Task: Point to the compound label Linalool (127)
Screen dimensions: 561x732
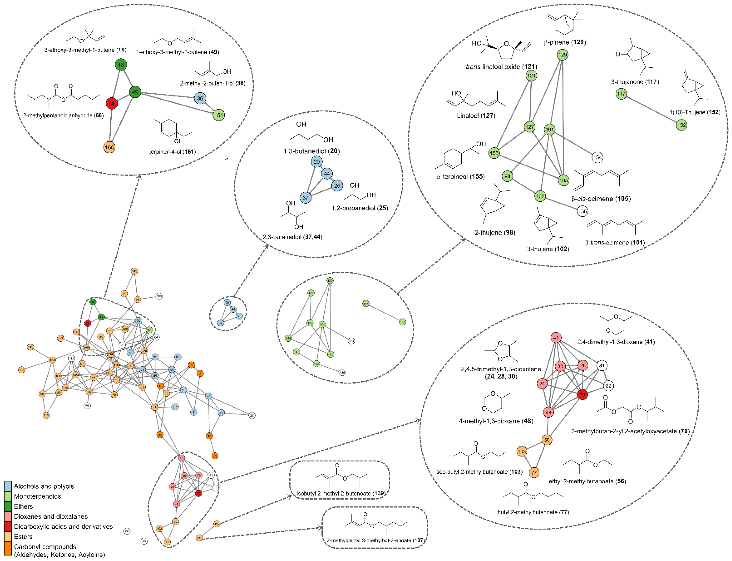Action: (x=476, y=115)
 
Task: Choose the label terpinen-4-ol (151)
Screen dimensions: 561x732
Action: (x=172, y=152)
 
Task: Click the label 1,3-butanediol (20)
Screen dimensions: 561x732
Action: (x=311, y=151)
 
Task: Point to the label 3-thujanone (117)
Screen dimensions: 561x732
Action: (x=635, y=82)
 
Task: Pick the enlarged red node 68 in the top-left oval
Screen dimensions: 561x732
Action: (x=112, y=103)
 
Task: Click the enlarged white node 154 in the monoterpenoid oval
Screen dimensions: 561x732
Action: (x=597, y=157)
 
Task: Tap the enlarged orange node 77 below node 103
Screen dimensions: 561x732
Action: (x=534, y=472)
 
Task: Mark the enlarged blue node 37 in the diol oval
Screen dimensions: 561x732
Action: (x=305, y=198)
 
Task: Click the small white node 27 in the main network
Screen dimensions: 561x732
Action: (x=252, y=415)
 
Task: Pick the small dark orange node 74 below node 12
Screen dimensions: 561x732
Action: (x=215, y=455)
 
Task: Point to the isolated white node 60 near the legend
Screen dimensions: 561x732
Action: (x=127, y=531)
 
